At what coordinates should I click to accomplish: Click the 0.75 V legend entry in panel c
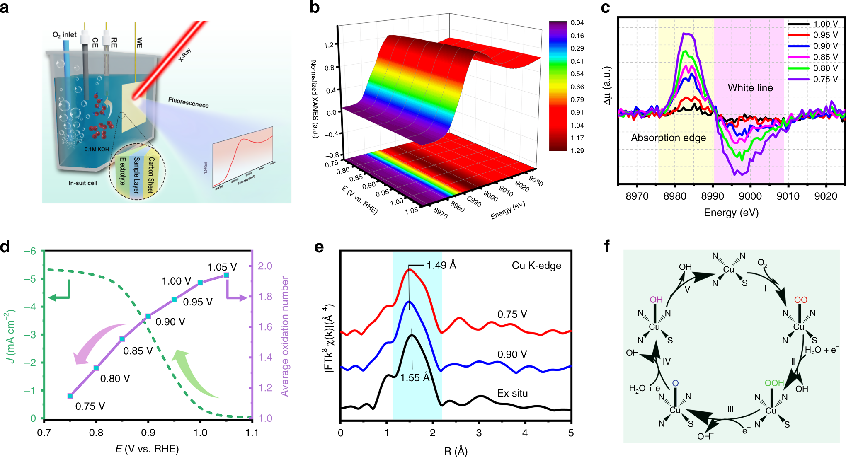pos(825,79)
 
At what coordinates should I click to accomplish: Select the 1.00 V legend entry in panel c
pos(825,24)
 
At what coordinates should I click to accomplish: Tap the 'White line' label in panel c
pos(750,88)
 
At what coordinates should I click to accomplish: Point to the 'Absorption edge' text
pos(668,138)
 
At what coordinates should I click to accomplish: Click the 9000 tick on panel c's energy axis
pos(750,196)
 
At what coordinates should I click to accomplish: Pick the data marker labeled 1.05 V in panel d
pos(226,275)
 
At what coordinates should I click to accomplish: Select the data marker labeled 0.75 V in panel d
pos(70,396)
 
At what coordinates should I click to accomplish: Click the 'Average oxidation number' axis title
pos(284,336)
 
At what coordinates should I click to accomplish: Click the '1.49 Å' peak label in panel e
pos(441,265)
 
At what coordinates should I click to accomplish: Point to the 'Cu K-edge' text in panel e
pos(536,266)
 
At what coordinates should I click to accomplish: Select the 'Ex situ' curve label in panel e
pos(512,393)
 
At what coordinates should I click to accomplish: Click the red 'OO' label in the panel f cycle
pos(800,300)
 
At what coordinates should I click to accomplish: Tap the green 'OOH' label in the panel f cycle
pos(774,383)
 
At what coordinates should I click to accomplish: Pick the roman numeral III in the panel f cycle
pos(730,409)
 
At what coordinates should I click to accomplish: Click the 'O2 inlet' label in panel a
pos(64,35)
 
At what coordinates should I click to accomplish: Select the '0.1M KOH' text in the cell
pos(97,149)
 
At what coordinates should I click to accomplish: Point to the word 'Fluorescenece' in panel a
pos(188,102)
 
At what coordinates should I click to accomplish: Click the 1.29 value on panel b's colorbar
pos(577,151)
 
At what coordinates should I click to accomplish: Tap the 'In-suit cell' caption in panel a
pos(83,183)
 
